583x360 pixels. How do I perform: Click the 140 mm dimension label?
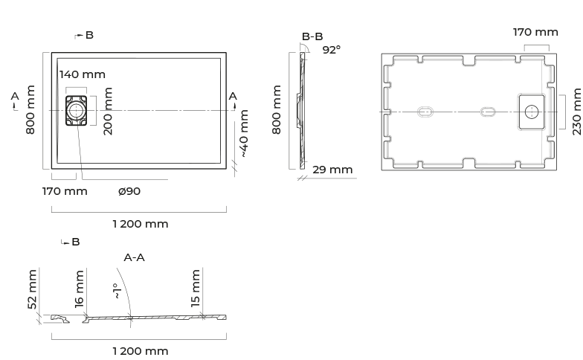tap(82, 74)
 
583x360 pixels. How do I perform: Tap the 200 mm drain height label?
tap(108, 112)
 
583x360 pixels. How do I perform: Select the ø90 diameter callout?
tap(129, 191)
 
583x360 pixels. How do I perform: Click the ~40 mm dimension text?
tap(244, 134)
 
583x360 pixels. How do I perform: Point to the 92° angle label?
tap(332, 50)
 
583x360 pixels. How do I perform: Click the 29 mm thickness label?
tap(332, 170)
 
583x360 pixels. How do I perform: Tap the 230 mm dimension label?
tap(577, 112)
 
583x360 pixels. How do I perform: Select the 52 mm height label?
tap(33, 289)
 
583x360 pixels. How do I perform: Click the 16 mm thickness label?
tap(79, 289)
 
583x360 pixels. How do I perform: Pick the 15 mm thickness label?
tap(195, 289)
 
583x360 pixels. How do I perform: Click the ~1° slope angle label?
tap(117, 292)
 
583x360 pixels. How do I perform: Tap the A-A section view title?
tap(134, 257)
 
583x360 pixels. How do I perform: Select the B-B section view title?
tap(312, 36)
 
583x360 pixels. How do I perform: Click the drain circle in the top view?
tap(76, 110)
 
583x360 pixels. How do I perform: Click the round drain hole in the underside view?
tap(532, 112)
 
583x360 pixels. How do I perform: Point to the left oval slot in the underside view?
tap(425, 112)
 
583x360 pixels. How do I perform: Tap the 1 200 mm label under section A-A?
tap(141, 351)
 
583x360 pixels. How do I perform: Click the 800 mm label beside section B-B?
tap(277, 109)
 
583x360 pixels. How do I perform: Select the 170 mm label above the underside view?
tap(535, 33)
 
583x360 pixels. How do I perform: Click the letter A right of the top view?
tap(233, 97)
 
